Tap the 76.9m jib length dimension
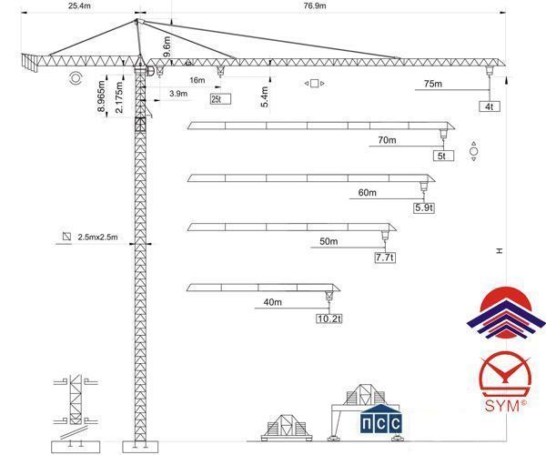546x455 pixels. click(x=315, y=5)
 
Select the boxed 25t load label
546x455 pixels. click(x=220, y=99)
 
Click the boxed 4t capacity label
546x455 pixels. click(x=490, y=106)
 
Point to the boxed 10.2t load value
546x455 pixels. click(x=329, y=318)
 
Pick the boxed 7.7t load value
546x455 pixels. click(x=385, y=258)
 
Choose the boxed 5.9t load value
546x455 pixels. click(x=424, y=207)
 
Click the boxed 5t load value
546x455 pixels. click(x=443, y=156)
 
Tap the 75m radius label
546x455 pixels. click(x=433, y=84)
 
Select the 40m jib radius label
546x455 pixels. click(x=273, y=302)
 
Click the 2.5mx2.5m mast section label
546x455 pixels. click(x=98, y=238)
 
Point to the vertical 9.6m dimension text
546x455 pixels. click(x=167, y=46)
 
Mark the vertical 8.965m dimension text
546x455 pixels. click(x=101, y=96)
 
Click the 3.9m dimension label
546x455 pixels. click(x=178, y=94)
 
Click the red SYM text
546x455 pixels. click(x=501, y=406)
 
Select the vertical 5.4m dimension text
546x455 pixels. click(x=265, y=96)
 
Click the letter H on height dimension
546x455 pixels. click(x=500, y=250)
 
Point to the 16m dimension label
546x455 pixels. click(x=197, y=80)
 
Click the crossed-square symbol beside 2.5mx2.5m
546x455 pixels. click(x=66, y=237)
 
